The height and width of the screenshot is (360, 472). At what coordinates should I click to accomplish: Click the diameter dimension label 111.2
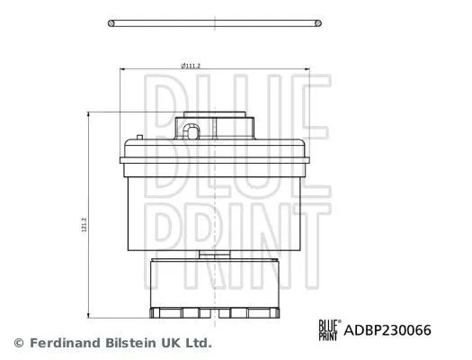tap(191, 66)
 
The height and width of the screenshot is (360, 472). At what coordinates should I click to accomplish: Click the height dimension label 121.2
tap(85, 225)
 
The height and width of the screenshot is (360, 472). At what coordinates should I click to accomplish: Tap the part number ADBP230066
tap(387, 330)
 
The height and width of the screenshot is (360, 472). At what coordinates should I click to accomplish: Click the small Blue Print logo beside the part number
tap(330, 330)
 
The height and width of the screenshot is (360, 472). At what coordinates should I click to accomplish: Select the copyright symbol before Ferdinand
tap(19, 343)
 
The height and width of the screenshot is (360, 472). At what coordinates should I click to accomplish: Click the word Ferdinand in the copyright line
tap(65, 343)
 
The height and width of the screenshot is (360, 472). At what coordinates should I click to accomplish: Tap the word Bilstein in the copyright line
tap(130, 343)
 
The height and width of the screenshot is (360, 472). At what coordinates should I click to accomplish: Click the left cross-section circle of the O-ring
tap(111, 23)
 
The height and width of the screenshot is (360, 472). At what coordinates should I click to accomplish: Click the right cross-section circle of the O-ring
tap(318, 23)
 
